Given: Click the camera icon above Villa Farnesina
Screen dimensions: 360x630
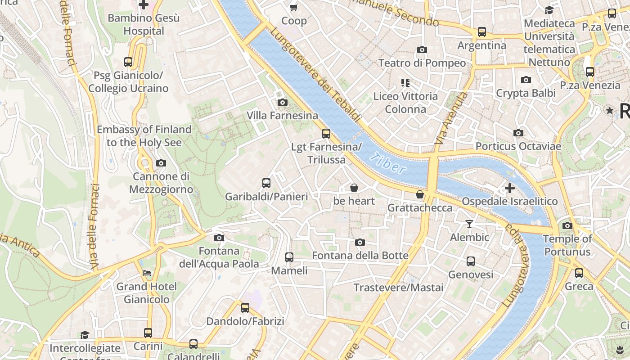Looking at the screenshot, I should coord(283,102).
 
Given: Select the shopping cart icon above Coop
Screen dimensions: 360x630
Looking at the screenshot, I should coord(294,7).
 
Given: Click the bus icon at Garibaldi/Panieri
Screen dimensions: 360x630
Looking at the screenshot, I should coord(266,183).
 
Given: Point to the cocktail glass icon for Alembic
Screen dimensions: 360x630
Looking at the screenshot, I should coord(469,224).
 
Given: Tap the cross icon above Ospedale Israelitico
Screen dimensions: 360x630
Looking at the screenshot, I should coord(509,188).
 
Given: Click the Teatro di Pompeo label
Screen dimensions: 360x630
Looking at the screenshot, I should coord(422,63).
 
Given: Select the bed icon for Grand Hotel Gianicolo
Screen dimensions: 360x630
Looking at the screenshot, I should coord(147,273).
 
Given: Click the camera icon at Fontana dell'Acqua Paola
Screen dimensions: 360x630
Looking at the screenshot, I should coord(219,238).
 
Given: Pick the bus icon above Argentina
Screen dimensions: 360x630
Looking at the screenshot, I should coord(482,32).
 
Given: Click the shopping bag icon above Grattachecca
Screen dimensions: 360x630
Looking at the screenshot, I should coord(420,194).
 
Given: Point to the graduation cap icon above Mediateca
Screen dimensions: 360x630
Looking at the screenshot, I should coord(549,10).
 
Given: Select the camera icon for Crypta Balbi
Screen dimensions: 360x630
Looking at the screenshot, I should coord(526,80).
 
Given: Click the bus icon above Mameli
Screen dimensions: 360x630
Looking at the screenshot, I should coord(289,257).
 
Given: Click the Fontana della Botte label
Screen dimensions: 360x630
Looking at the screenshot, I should coord(360,256).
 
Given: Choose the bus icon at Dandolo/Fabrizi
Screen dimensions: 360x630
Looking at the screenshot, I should coord(245,308).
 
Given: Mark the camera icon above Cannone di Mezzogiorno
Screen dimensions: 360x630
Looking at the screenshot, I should coord(161,163).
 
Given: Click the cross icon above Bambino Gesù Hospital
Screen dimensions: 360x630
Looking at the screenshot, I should coord(144,5).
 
